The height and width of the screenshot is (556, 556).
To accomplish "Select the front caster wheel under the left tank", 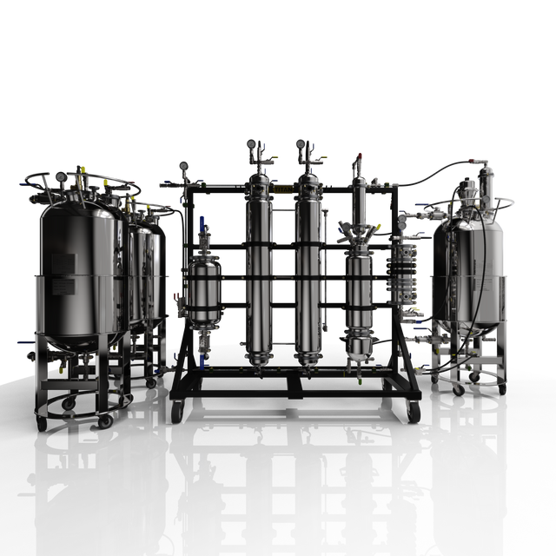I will click(105, 420).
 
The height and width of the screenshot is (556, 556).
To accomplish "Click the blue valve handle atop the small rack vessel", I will click(203, 220).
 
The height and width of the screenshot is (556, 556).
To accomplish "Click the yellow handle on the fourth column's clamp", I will click(378, 227).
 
